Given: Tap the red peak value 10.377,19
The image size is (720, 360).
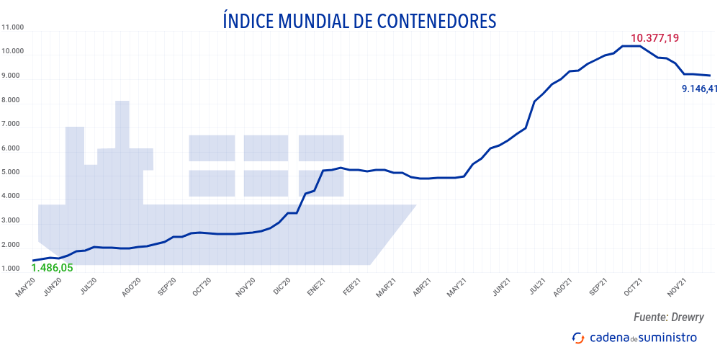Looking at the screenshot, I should pos(654,38).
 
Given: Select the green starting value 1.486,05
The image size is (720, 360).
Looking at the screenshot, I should pos(53,268).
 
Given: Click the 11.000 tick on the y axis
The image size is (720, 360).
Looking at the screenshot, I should pos(14,27).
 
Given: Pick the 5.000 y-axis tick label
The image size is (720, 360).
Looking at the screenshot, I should pos(14,173).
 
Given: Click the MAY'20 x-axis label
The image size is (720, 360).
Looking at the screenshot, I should pos(24,289).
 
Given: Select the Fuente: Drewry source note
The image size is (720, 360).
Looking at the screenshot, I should pos(669,317).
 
